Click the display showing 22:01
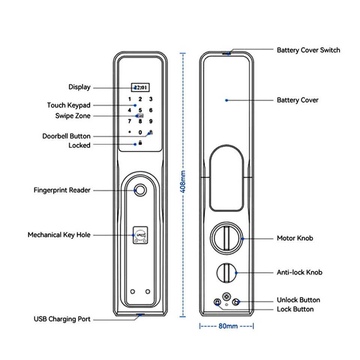[x=140, y=87]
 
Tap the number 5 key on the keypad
[x=140, y=110]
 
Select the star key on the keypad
[x=130, y=132]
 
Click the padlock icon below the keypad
[x=140, y=143]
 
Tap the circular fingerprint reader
[x=140, y=190]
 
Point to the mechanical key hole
[x=140, y=235]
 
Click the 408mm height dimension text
[x=183, y=181]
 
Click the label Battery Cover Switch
[x=308, y=50]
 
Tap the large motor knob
[x=226, y=238]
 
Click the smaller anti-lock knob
[x=226, y=273]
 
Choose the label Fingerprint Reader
[x=62, y=190]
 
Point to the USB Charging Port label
[x=62, y=319]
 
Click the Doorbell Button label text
[x=66, y=136]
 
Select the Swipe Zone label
[x=73, y=116]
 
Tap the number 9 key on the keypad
[x=151, y=121]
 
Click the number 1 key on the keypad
[x=130, y=99]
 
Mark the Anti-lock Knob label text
[x=299, y=272]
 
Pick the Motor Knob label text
[x=295, y=238]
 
